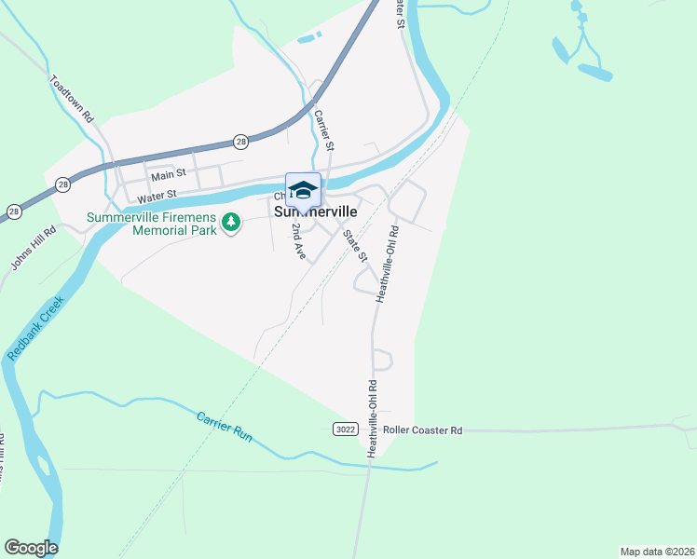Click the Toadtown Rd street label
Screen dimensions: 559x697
click(73, 99)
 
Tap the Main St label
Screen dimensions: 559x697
click(169, 174)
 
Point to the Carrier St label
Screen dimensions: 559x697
click(323, 129)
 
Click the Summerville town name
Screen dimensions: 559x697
click(316, 211)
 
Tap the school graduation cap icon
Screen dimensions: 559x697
click(303, 190)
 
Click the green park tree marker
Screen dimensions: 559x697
click(232, 222)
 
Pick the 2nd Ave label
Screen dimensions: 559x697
click(298, 240)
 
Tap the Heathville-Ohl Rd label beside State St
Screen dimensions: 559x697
click(387, 264)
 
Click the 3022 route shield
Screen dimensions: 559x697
click(344, 429)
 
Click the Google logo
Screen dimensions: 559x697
click(31, 548)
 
